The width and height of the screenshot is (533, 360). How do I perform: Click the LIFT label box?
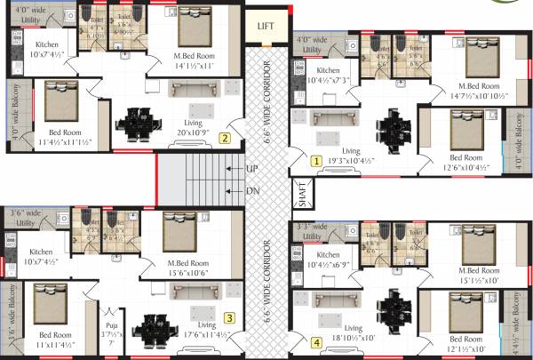click(266, 27)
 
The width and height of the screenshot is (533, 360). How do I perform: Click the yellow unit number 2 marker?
click(226, 138)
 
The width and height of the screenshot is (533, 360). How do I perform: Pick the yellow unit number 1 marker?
click(315, 161)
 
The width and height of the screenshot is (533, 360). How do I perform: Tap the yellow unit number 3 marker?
click(228, 317)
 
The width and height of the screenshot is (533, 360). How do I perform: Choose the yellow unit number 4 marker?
click(316, 341)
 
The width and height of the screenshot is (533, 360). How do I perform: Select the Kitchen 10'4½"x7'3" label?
click(329, 76)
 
